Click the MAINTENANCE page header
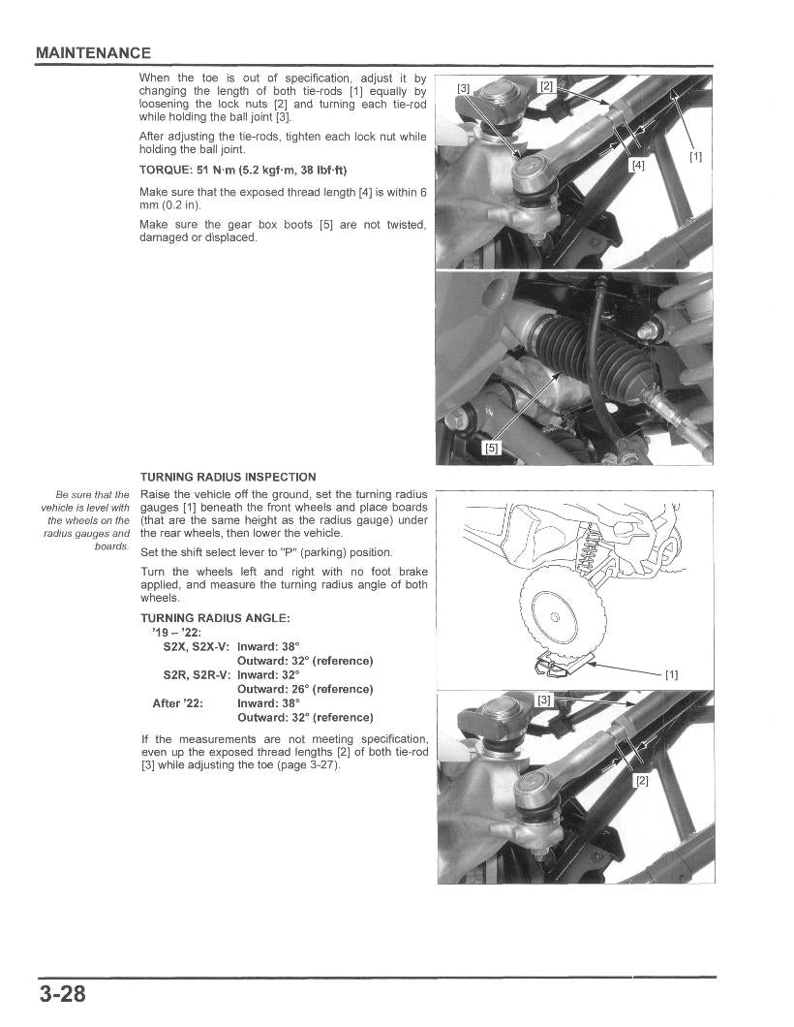click(x=93, y=52)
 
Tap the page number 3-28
click(x=63, y=994)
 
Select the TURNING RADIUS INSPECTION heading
click(x=228, y=477)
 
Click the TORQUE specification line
click(x=243, y=171)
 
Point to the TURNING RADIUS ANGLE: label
click(x=215, y=618)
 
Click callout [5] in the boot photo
click(x=492, y=448)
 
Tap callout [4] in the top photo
click(x=637, y=165)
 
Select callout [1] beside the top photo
click(x=695, y=156)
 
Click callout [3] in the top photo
click(x=464, y=88)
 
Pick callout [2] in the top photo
click(x=546, y=86)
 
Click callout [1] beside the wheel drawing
click(x=671, y=674)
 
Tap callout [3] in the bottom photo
click(x=543, y=700)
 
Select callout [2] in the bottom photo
click(x=640, y=780)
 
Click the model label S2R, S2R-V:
click(x=197, y=674)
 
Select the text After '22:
click(x=178, y=703)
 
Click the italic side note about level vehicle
click(x=86, y=520)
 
